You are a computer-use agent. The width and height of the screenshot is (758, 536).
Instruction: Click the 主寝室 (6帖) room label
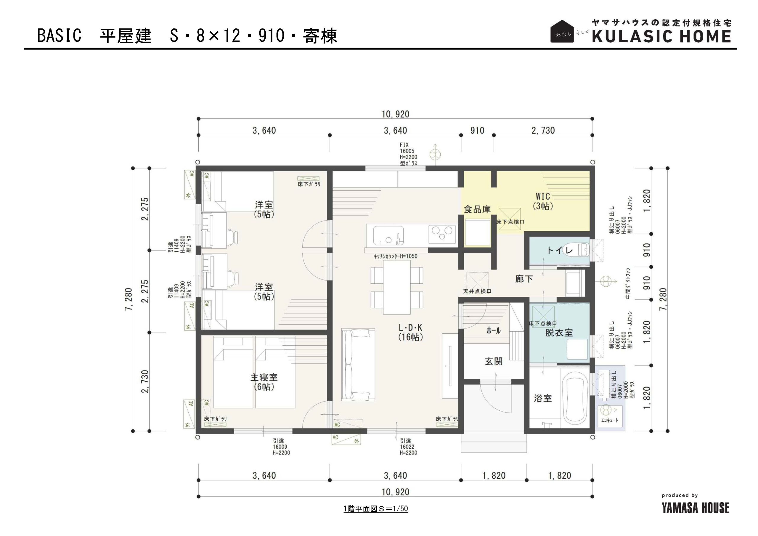pyautogui.click(x=264, y=382)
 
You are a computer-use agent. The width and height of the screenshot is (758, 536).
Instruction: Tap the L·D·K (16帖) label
pyautogui.click(x=410, y=332)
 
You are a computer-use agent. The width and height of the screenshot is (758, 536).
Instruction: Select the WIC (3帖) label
pyautogui.click(x=543, y=201)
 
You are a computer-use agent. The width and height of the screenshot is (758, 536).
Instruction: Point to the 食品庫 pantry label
pyautogui.click(x=477, y=209)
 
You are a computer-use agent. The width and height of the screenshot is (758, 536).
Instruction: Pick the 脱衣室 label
pyautogui.click(x=559, y=333)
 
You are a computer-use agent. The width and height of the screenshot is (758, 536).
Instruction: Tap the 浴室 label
pyautogui.click(x=543, y=398)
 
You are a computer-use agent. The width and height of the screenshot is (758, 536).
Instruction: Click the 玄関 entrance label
pyautogui.click(x=494, y=361)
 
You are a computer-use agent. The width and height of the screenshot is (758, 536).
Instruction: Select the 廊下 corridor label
pyautogui.click(x=524, y=279)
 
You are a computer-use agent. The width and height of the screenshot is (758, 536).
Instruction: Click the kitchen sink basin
pyautogui.click(x=388, y=235)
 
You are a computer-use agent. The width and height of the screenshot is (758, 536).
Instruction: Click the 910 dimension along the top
pyautogui.click(x=477, y=131)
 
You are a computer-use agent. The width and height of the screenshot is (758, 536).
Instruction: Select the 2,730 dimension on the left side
pyautogui.click(x=145, y=381)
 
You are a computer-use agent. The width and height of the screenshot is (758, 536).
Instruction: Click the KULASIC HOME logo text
pyautogui.click(x=661, y=36)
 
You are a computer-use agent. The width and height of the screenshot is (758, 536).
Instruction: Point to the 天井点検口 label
pyautogui.click(x=477, y=291)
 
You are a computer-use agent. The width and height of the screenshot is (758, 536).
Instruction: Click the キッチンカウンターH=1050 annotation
pyautogui.click(x=396, y=256)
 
